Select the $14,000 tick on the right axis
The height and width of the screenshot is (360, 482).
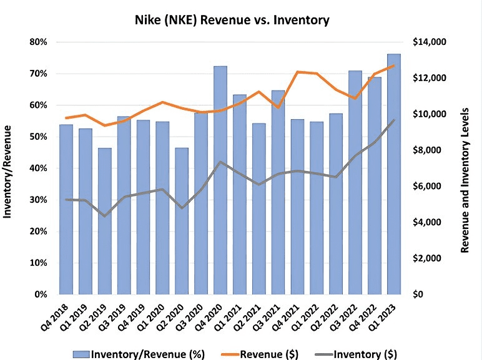(x=431, y=42)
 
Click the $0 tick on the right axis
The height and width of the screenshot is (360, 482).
(x=419, y=294)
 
